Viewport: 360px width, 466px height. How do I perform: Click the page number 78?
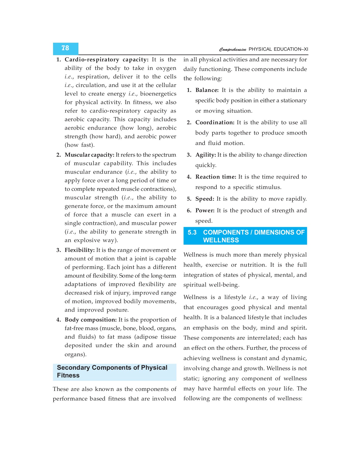coord(65,48)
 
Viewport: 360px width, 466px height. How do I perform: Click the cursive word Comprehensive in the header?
coord(233,49)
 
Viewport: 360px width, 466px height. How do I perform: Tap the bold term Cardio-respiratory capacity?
coord(106,60)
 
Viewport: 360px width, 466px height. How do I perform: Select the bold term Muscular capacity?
coord(89,155)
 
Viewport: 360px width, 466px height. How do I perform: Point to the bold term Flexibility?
coord(79,250)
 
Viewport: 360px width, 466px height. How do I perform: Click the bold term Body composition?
coord(91,320)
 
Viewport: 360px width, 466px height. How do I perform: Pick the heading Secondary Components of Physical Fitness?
coord(112,371)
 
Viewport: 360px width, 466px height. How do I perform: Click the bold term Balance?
coord(207,90)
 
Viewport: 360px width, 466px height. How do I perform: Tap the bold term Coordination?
coord(215,122)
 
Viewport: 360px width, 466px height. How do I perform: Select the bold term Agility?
coord(205,155)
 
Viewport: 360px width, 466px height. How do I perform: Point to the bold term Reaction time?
coord(216,177)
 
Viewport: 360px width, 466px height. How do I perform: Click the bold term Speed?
coord(204,199)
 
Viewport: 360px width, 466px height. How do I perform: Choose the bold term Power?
coord(205,210)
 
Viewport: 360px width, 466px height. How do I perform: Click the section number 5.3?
coord(192,232)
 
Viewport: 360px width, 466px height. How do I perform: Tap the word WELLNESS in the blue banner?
coord(221,240)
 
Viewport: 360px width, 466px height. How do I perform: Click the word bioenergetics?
coord(158,94)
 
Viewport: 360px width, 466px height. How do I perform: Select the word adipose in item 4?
coord(148,337)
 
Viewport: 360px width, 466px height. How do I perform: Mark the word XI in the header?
coord(306,49)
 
